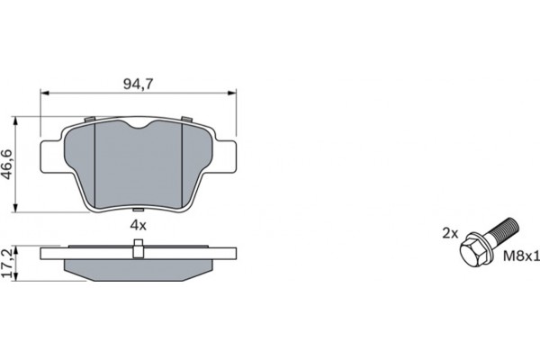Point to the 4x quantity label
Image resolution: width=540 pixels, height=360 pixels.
[137, 224]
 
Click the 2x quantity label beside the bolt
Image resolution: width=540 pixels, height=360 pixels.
[450, 232]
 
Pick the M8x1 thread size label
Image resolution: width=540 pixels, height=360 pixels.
[520, 256]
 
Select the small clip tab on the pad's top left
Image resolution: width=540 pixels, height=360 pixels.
[87, 120]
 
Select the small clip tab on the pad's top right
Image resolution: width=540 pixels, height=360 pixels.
[186, 120]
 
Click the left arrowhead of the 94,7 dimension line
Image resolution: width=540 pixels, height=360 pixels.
[44, 94]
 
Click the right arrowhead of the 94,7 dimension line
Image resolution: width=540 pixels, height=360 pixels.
[231, 94]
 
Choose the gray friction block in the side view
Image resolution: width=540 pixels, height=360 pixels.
[137, 268]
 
